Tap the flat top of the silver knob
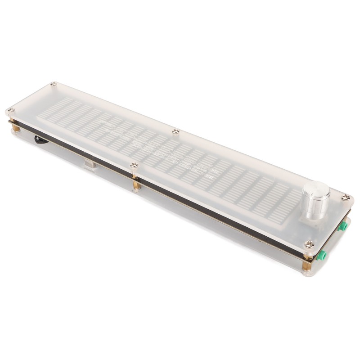(316, 189)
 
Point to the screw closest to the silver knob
(346, 197)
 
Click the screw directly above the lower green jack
(309, 244)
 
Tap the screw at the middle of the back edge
(175, 131)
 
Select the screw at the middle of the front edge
(134, 166)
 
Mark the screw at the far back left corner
(53, 84)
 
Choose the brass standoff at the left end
(16, 128)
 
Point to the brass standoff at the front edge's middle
(136, 184)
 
